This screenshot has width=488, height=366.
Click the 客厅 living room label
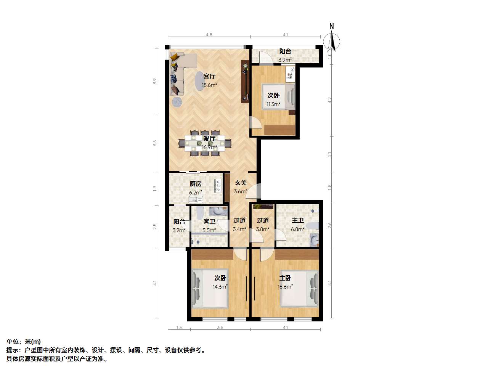tap(209, 77)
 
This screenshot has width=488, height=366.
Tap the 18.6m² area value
tap(209, 85)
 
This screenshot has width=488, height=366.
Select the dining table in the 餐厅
tap(205, 143)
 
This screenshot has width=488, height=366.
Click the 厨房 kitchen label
tap(196, 184)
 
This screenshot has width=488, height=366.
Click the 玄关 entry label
tap(241, 183)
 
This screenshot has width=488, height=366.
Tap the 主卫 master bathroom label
tap(298, 220)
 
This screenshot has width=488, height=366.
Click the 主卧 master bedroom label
tap(285, 278)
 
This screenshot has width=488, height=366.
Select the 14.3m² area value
tap(220, 287)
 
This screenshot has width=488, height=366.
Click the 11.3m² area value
tap(273, 104)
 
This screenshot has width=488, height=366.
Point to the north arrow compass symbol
tap(331, 40)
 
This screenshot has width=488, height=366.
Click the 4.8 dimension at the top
tap(209, 35)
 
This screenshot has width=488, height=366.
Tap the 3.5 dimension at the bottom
tap(220, 327)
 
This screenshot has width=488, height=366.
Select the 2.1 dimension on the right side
tap(330, 154)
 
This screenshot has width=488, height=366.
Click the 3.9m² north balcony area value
tap(285, 60)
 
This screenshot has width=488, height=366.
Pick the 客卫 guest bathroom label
tap(209, 222)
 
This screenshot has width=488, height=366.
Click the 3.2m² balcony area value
tap(179, 230)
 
